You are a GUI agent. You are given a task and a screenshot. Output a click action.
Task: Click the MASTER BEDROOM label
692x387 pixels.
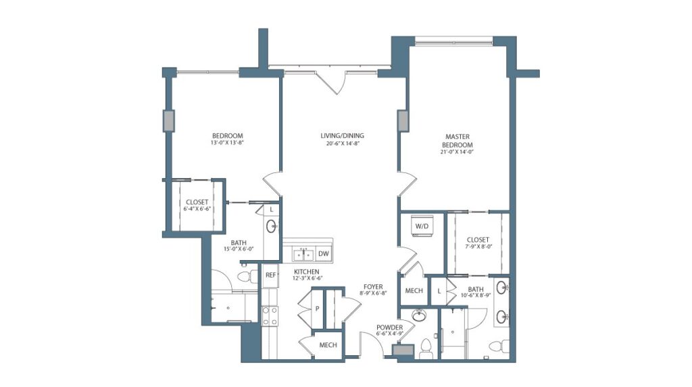tap(457, 140)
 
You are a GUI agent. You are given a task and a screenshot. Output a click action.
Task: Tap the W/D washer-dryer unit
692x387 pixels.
tap(422, 226)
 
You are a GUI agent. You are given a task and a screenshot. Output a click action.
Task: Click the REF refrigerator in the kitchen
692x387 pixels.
tap(270, 275)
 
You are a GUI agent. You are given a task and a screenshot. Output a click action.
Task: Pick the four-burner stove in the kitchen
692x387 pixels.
tap(270, 315)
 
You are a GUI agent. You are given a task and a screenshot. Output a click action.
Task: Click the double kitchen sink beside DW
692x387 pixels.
tap(302, 254)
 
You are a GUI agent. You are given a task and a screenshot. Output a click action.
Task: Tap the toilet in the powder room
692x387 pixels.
tap(426, 348)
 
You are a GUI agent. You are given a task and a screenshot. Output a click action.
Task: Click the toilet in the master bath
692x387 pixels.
tap(495, 347)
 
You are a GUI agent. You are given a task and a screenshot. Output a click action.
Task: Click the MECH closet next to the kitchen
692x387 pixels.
tap(328, 345)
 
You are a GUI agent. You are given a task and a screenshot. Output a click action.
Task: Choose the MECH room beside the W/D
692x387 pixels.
tap(414, 290)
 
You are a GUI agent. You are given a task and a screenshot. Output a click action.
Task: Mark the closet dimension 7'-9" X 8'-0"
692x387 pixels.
tap(477, 247)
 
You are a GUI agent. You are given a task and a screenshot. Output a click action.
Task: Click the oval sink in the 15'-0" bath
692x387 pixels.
tap(272, 227)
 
